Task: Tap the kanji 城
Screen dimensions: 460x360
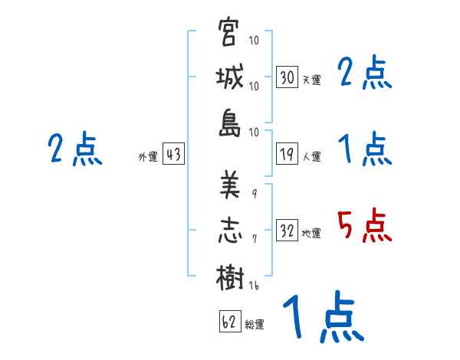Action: (229, 78)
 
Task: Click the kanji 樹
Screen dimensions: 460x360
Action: (229, 275)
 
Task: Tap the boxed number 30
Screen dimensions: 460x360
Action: (287, 77)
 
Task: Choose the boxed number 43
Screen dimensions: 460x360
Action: (173, 155)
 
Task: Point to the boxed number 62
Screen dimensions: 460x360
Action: (229, 322)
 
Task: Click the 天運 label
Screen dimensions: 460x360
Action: (311, 80)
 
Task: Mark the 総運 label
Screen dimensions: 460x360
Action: (255, 324)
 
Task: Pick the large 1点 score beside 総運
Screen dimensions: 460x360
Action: (322, 318)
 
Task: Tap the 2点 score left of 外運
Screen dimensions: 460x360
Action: (74, 149)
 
